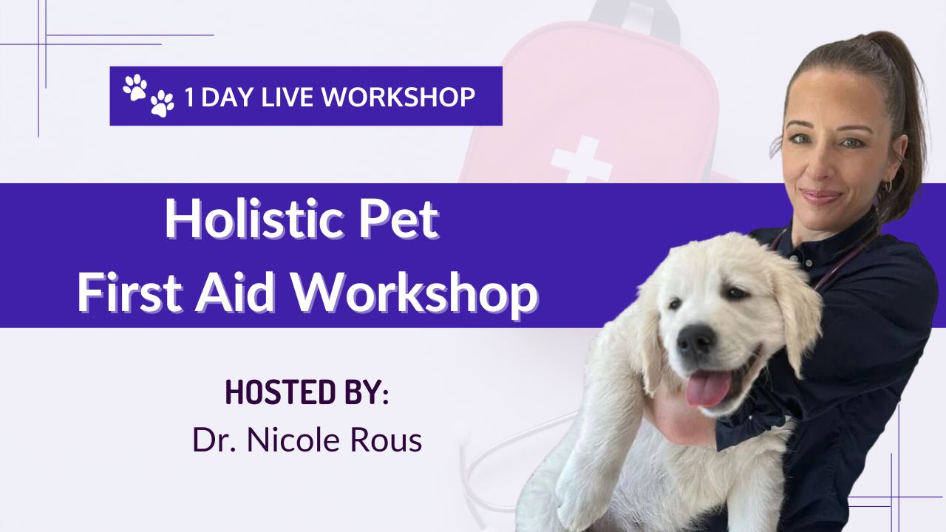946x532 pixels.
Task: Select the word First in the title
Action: pos(129,292)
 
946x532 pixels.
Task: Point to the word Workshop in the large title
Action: pos(415,293)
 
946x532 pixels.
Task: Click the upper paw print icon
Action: pos(135,87)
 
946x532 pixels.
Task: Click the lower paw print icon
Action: pos(162,104)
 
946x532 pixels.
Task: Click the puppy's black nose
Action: pos(695,339)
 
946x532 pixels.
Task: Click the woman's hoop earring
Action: pos(888,185)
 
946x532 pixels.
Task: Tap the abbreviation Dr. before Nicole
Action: pos(214,440)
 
